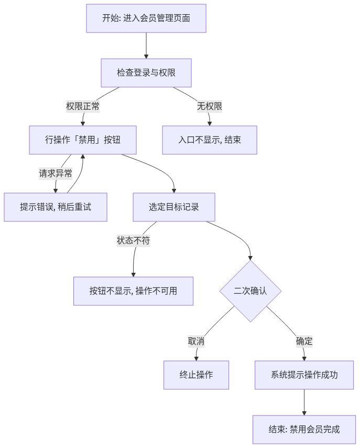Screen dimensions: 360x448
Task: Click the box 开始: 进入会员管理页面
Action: click(x=146, y=18)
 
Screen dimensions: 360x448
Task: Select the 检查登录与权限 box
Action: click(x=146, y=73)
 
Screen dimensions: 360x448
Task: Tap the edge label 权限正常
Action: click(x=83, y=106)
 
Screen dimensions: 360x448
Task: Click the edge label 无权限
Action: click(x=210, y=106)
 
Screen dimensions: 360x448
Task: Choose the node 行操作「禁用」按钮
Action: click(x=83, y=140)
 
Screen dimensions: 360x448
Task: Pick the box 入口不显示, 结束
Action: click(x=210, y=140)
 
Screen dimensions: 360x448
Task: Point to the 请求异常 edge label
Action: click(x=56, y=174)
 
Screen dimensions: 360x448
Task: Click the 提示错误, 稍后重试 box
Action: click(x=56, y=207)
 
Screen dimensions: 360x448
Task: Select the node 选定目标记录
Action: click(x=174, y=207)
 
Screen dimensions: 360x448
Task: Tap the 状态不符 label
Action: click(x=133, y=241)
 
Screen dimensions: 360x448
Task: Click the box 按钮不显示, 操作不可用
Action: click(x=133, y=291)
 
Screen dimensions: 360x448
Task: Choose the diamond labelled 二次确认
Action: click(x=250, y=291)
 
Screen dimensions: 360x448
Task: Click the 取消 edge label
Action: click(x=196, y=341)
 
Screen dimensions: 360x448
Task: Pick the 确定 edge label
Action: click(x=304, y=341)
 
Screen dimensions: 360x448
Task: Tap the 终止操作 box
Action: click(x=196, y=375)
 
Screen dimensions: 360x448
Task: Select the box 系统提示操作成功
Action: click(x=304, y=375)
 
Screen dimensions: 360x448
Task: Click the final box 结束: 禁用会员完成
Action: click(x=304, y=430)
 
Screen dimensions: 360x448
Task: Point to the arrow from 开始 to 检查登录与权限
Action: click(x=146, y=46)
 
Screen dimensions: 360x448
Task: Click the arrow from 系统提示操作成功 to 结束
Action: click(x=304, y=402)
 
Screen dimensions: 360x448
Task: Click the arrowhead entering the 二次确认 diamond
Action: click(x=250, y=258)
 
